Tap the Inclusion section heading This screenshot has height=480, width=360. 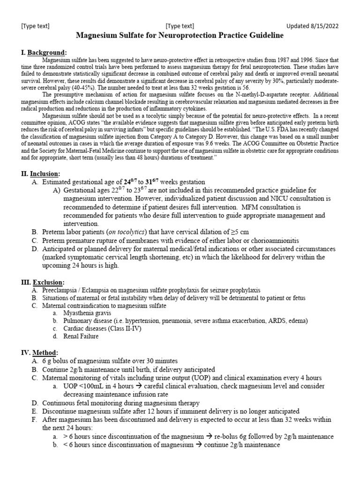point(45,173)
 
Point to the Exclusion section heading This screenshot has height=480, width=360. point(48,282)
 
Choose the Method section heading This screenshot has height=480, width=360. point(45,352)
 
